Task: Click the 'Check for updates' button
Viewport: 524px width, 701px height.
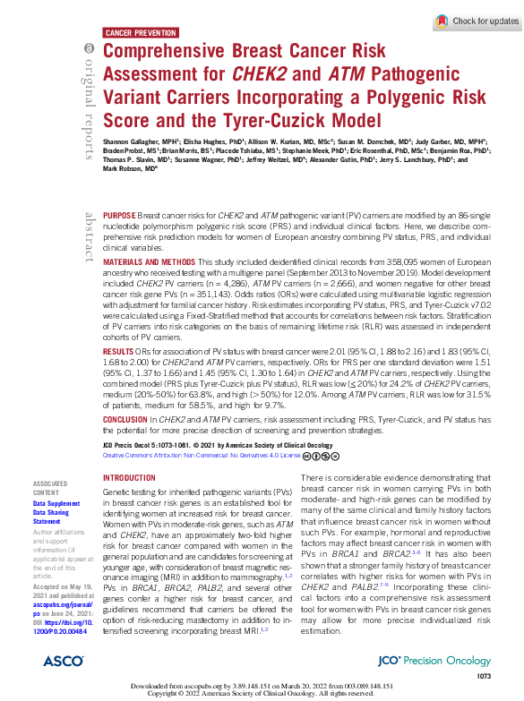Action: point(476,21)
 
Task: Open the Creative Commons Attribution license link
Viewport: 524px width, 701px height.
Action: point(201,455)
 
